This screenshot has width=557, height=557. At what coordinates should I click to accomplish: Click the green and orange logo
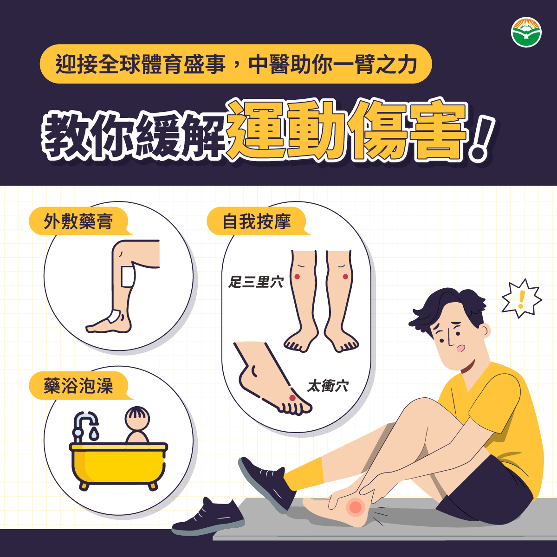tap(526, 32)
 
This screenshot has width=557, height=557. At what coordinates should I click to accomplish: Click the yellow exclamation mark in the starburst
tap(521, 299)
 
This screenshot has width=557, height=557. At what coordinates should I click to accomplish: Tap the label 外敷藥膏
tap(78, 221)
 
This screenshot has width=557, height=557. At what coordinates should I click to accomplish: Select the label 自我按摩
tap(256, 221)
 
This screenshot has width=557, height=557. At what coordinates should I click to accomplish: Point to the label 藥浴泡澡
tap(78, 386)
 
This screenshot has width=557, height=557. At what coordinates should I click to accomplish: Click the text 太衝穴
tap(328, 386)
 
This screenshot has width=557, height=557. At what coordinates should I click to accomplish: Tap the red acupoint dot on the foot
tap(292, 398)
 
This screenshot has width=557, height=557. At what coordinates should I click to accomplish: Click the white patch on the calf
tap(128, 277)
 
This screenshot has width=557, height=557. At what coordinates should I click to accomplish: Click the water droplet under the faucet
tap(94, 434)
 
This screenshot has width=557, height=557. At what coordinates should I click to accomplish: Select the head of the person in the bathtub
tap(137, 419)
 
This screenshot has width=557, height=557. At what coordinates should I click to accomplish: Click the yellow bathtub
tap(118, 466)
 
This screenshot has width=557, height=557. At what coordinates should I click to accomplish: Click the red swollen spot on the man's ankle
tap(355, 507)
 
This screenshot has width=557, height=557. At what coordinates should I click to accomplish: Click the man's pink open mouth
tap(460, 349)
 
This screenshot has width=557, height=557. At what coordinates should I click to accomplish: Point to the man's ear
tap(485, 331)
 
